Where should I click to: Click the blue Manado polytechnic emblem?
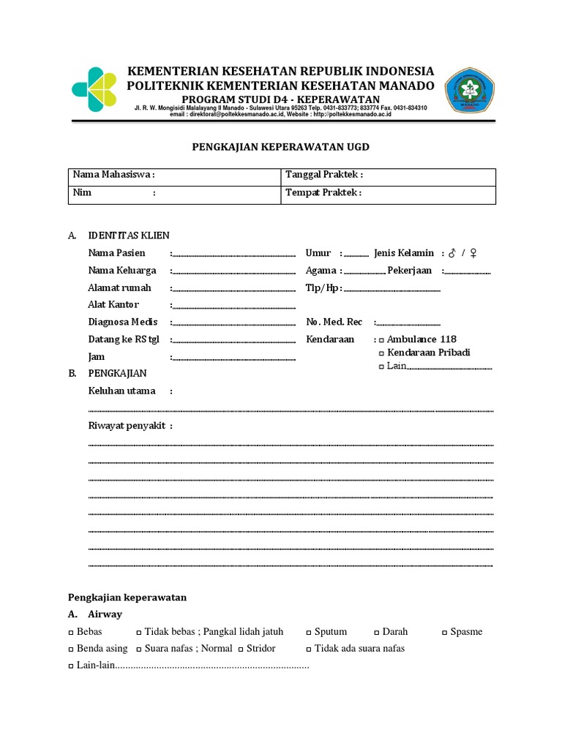coord(470,90)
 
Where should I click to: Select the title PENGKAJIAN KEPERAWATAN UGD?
coord(280,147)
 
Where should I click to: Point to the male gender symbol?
coord(452,253)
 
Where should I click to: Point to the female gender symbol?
coord(473,253)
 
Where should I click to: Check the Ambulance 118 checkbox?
coord(381,340)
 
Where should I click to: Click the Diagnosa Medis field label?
coord(123,322)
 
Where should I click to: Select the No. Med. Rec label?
coord(334,322)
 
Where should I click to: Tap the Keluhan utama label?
coord(121,391)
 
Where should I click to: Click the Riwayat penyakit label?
coord(127,426)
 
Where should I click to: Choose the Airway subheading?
coord(105,614)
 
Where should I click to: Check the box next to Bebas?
coord(71,632)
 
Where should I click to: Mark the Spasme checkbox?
coord(445,632)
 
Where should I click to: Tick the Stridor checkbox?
coord(241,649)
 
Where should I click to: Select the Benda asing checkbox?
coord(71,649)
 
